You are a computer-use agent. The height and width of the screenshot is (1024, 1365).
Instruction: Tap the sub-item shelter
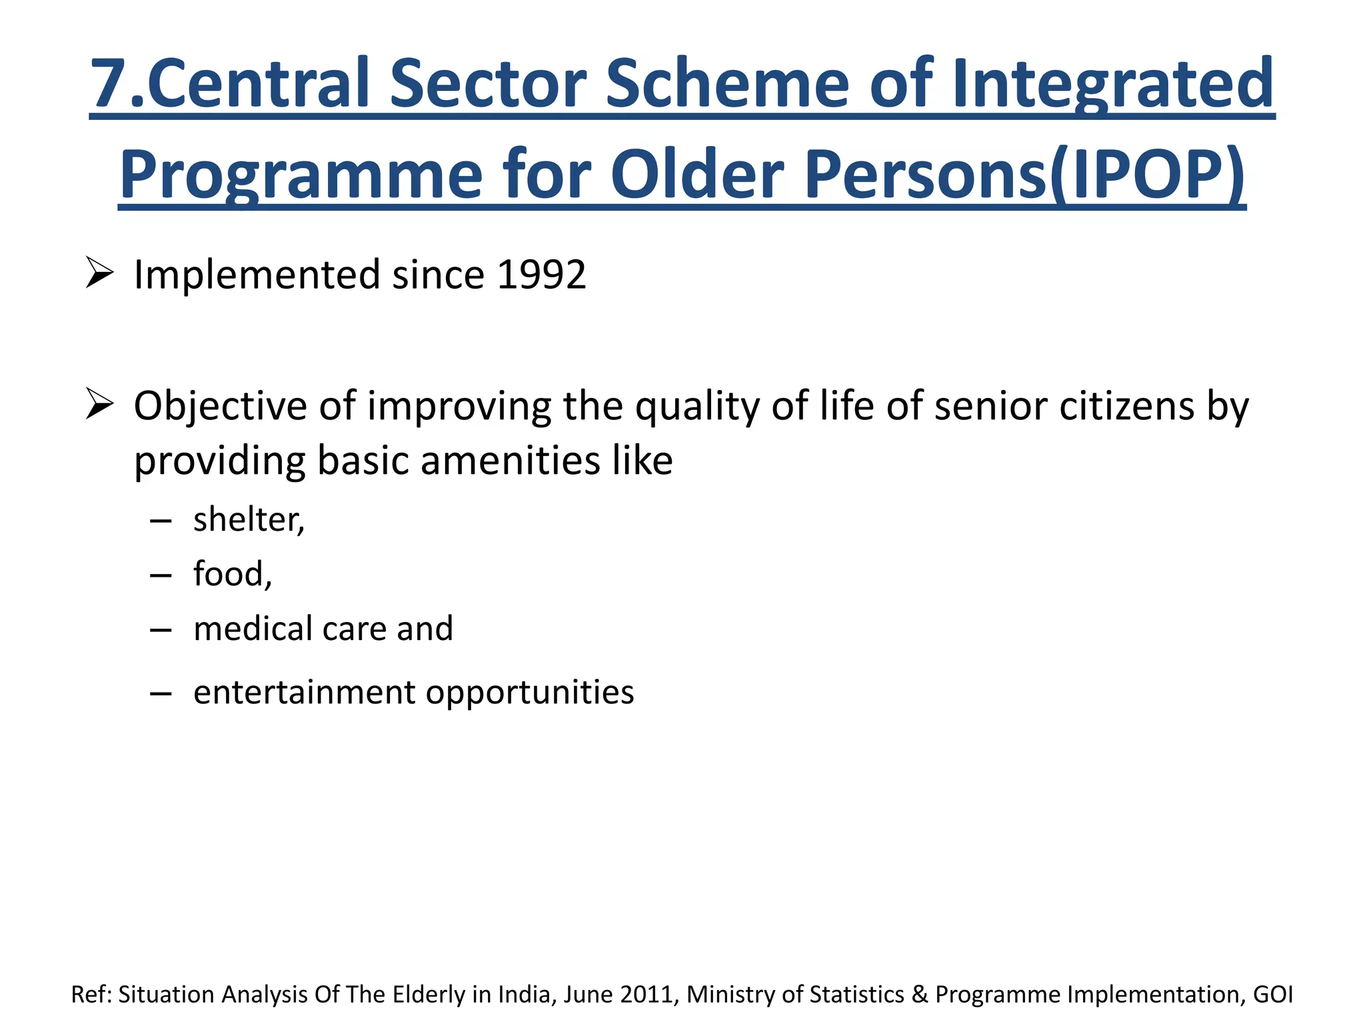pos(248,519)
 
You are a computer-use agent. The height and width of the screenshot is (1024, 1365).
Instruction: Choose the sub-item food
pos(231,574)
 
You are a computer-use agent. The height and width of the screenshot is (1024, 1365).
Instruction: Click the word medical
pos(253,629)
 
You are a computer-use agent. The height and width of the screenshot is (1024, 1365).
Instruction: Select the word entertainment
pos(304,692)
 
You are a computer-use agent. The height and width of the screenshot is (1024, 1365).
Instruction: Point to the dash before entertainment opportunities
pos(161,694)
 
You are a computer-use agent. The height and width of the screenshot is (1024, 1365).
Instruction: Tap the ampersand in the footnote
pos(919,994)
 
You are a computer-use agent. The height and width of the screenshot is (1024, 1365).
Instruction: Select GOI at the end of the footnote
pos(1272,994)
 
